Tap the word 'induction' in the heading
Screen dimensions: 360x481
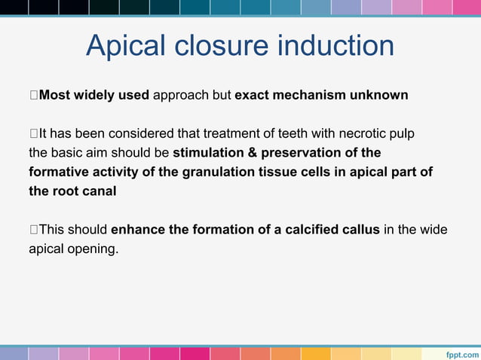click(336, 46)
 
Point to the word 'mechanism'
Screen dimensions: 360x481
click(309, 96)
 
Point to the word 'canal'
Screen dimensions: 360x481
click(101, 191)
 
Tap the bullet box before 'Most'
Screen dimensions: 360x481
click(32, 96)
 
